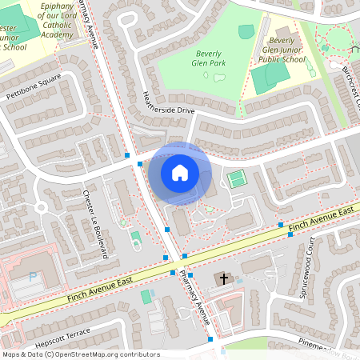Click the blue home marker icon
[180, 172]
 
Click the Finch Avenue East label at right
[322, 218]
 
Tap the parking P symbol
[33, 277]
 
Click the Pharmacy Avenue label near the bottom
[194, 300]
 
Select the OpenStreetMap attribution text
[80, 354]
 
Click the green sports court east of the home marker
[236, 179]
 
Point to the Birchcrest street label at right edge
[352, 88]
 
